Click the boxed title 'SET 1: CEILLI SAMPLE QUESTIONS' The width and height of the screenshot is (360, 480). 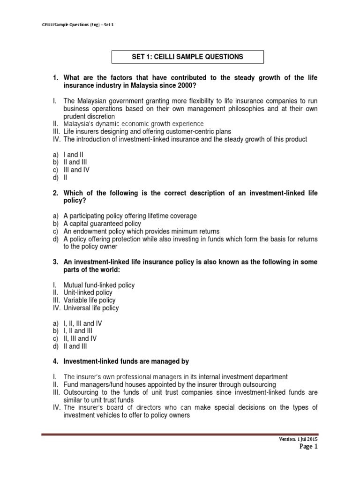click(187, 57)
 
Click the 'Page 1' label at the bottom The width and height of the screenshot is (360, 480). click(308, 447)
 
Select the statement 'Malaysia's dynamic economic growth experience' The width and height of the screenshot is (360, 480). click(134, 124)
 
